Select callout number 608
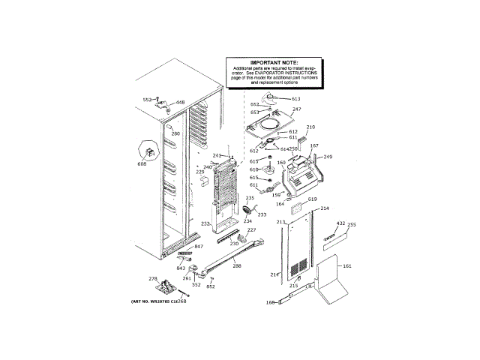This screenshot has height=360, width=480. (x=142, y=163)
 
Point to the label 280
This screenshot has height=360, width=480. (x=175, y=134)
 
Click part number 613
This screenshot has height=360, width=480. (x=295, y=99)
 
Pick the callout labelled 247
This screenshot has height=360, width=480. (x=296, y=109)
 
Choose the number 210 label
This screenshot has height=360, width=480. (x=310, y=127)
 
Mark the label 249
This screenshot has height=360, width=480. (x=328, y=157)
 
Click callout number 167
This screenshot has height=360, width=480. (x=314, y=146)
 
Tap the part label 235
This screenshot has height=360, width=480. (x=250, y=198)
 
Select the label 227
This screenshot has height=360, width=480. (x=252, y=230)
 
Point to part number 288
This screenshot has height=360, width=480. (x=237, y=266)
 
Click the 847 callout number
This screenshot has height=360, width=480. (x=199, y=247)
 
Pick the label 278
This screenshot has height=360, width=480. (x=153, y=280)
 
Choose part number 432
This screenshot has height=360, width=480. (x=340, y=223)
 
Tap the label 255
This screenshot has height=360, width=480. (x=352, y=224)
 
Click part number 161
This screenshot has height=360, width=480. (x=346, y=265)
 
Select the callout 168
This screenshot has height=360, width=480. (x=271, y=303)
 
